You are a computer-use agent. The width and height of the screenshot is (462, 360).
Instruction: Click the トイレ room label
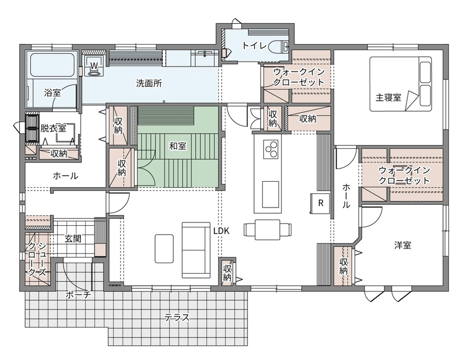254,46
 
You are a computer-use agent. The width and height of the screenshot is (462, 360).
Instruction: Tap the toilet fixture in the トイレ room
279,46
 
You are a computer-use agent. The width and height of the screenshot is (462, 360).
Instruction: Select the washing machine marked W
94,66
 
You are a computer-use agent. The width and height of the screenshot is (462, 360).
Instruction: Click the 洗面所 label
149,84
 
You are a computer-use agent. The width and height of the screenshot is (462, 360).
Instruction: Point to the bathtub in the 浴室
52,66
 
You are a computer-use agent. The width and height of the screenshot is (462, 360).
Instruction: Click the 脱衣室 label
53,128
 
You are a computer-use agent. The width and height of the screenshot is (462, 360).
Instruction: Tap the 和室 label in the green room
178,146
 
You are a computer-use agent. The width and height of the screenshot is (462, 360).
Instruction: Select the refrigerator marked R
321,204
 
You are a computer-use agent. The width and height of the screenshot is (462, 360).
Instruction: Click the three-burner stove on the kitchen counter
271,149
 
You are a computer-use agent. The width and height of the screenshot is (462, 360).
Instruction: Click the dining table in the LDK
267,230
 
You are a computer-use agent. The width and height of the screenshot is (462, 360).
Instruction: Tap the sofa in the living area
196,250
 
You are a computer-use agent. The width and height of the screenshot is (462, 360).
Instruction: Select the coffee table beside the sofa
164,249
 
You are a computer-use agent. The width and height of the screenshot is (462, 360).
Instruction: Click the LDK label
221,231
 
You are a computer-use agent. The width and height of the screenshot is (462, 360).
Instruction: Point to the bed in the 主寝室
401,84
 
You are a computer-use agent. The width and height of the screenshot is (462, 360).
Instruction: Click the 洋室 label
403,246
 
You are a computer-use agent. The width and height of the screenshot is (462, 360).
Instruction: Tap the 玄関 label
73,238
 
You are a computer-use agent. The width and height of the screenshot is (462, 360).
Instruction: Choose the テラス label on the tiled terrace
177,318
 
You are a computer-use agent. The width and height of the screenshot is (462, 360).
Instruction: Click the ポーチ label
78,294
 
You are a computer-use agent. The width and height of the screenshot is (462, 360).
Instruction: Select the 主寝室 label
388,97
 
